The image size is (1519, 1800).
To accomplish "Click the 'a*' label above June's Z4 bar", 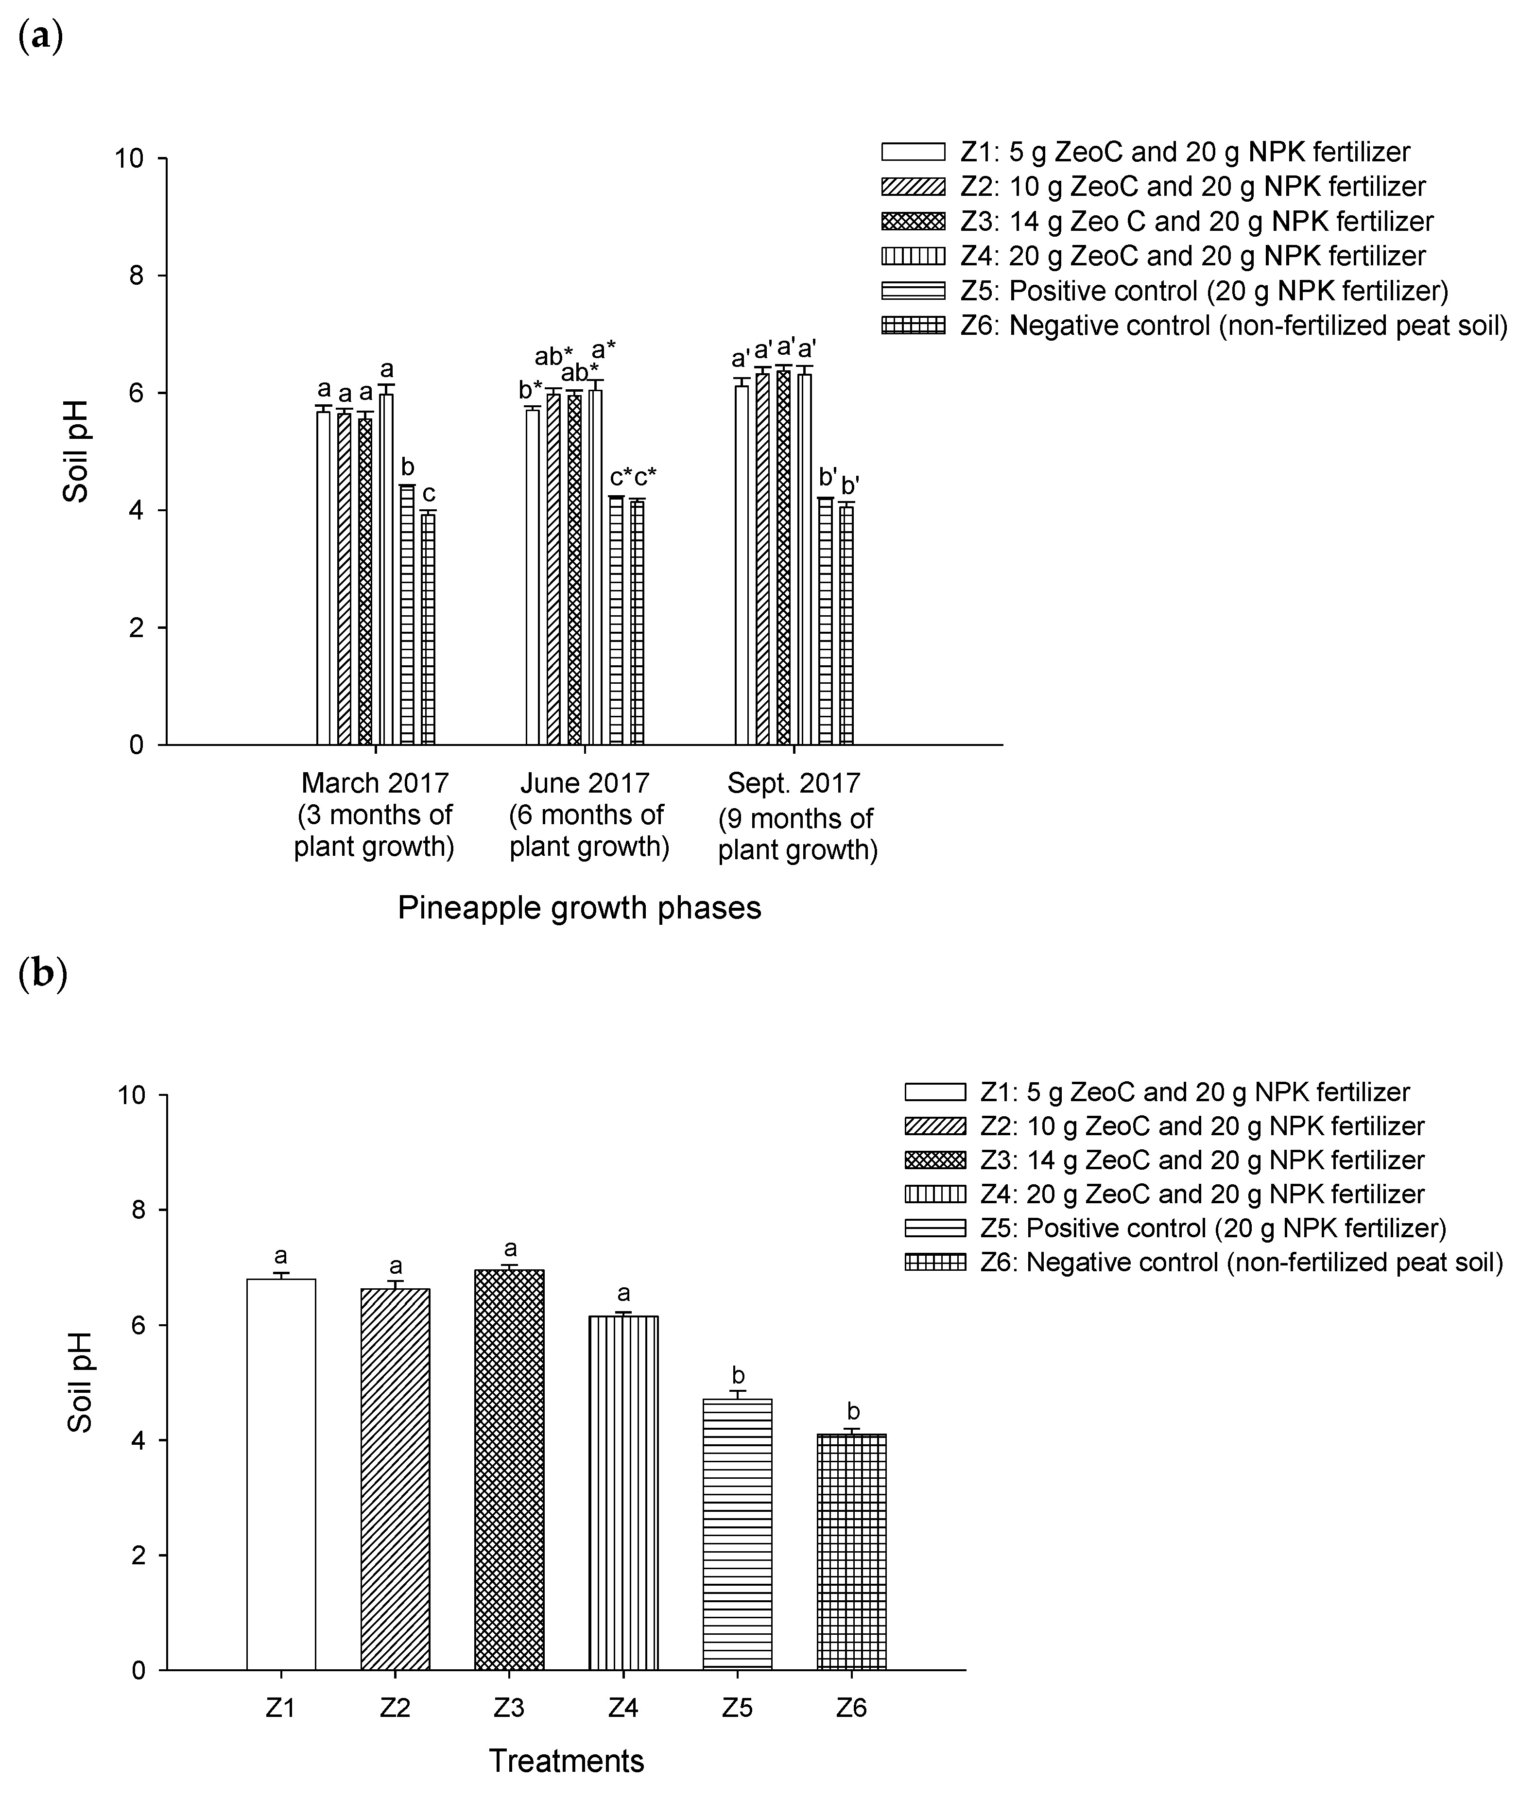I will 604,350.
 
